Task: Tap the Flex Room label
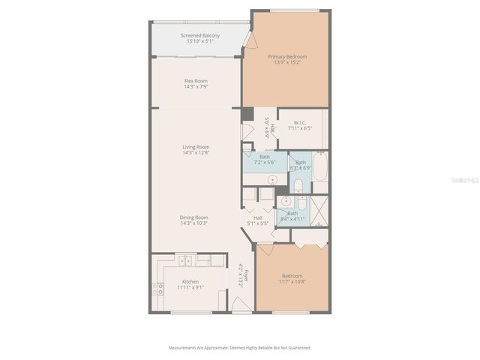(x=196, y=83)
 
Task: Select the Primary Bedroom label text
(x=287, y=59)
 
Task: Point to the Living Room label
(x=196, y=149)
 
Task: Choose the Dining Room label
(x=193, y=220)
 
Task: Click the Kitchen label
(x=190, y=284)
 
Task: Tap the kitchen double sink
(x=185, y=260)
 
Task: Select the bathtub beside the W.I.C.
(x=320, y=168)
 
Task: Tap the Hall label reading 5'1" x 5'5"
(x=257, y=220)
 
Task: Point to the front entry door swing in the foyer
(x=239, y=305)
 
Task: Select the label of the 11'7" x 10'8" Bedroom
(x=292, y=277)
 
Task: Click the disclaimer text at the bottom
(x=239, y=348)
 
